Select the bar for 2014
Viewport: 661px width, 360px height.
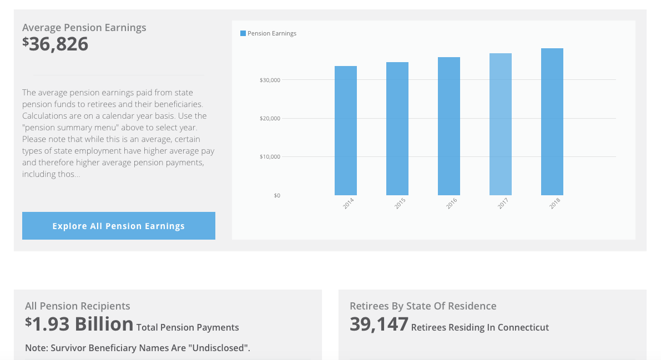[x=346, y=130]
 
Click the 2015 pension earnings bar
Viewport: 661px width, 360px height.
[x=397, y=129]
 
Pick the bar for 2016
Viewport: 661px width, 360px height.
[x=449, y=126]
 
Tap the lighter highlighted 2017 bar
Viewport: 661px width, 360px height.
[x=501, y=124]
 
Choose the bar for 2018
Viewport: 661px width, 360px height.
[x=552, y=121]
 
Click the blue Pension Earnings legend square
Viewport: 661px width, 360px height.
[x=243, y=33]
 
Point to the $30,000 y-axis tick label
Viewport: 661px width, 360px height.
[x=270, y=80]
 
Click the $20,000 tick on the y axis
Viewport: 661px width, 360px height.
[x=270, y=118]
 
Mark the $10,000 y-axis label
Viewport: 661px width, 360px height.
[x=270, y=156]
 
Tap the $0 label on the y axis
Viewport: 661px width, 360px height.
[x=277, y=195]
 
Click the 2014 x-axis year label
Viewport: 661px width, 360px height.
[x=349, y=204]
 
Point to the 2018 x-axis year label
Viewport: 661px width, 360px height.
[x=555, y=204]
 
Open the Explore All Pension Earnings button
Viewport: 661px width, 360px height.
[x=119, y=226]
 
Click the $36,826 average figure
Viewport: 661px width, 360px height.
[x=55, y=44]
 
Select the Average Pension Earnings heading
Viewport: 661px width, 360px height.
[x=84, y=27]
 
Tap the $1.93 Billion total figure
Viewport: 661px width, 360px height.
[x=79, y=324]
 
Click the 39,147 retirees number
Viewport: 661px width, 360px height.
[x=379, y=324]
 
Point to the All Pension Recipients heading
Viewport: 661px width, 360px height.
[x=78, y=306]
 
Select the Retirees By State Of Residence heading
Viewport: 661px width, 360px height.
[x=423, y=306]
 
